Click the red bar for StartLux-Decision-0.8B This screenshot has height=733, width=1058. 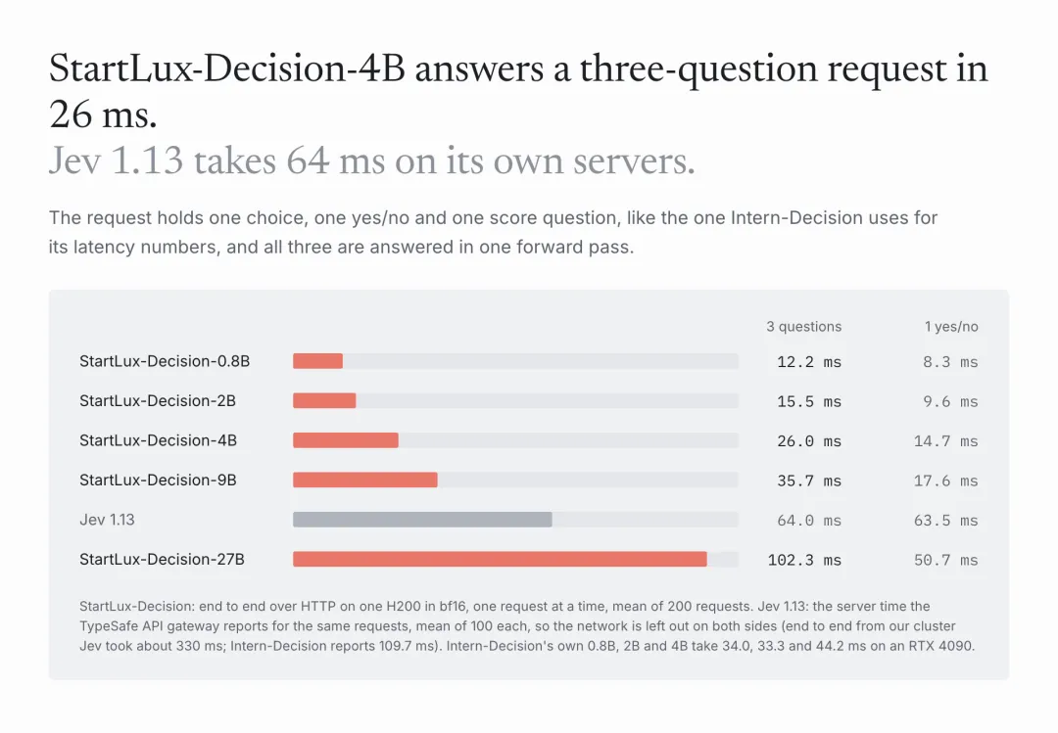pos(317,361)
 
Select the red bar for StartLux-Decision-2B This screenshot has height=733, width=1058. pos(324,400)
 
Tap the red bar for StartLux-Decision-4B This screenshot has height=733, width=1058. pos(346,440)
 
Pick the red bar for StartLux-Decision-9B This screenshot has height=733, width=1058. pos(365,481)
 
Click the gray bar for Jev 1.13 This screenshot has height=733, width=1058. pos(422,520)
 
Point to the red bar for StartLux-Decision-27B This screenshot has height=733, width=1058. pos(500,559)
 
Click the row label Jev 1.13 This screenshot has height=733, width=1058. pos(108,520)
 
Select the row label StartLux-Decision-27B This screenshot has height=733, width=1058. pos(162,559)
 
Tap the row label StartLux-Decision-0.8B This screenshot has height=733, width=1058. pos(165,361)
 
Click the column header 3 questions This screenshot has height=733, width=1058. pos(803,327)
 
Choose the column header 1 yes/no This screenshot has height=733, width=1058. pos(951,327)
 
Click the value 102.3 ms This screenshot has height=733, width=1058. pos(804,561)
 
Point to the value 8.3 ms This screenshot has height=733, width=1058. pos(950,362)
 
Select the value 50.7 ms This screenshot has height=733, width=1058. pos(946,561)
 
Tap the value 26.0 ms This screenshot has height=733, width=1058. pos(809,441)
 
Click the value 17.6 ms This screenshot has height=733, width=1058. pos(946,481)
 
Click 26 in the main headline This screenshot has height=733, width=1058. pos(71,115)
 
